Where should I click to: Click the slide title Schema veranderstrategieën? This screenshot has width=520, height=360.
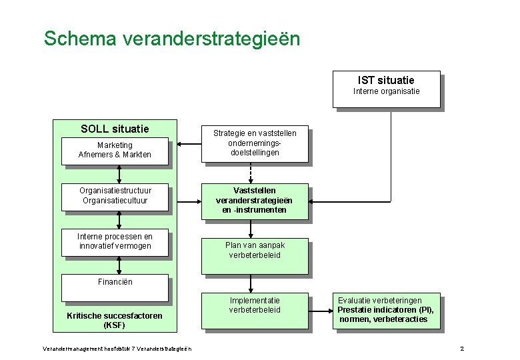pos(172,38)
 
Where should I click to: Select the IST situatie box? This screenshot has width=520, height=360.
pos(386,88)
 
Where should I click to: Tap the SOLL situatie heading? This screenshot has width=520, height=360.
pos(115,129)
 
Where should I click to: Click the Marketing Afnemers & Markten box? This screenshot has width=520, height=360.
pos(115,150)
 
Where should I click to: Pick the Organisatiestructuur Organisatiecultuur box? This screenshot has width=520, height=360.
pos(115,195)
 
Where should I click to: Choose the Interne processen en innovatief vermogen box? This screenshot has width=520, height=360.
pos(115,241)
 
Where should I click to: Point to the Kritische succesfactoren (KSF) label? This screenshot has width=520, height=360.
pos(115,321)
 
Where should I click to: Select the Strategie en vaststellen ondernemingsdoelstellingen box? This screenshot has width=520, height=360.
pos(255,143)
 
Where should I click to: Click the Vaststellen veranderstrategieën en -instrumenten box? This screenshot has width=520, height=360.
pos(255,201)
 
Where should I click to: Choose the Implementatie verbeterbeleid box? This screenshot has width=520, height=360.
pos(255,309)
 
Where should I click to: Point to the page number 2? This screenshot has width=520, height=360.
pos(462,349)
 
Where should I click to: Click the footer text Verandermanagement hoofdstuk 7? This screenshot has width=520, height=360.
pos(117,349)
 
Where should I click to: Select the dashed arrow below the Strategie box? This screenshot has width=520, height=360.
pos(251,172)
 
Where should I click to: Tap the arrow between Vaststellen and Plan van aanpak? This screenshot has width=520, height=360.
pos(251,229)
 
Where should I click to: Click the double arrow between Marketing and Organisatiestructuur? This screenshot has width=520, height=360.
pos(119,174)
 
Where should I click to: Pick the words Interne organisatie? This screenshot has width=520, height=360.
pos(386,91)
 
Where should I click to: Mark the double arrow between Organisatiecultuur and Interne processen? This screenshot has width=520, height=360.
pos(119,219)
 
